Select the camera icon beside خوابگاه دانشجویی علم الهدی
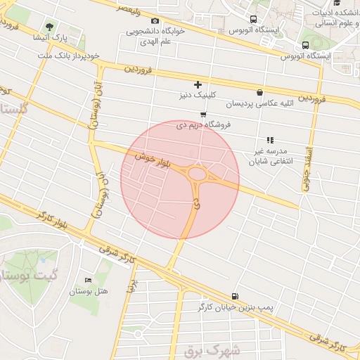click(x=155, y=21)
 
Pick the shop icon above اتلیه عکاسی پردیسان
click(x=260, y=91)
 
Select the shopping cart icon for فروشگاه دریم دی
click(x=203, y=114)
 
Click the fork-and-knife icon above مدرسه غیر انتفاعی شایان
click(x=270, y=140)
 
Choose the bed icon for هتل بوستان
click(x=87, y=280)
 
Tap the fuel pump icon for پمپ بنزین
click(x=234, y=296)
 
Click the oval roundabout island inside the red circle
click(x=198, y=172)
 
